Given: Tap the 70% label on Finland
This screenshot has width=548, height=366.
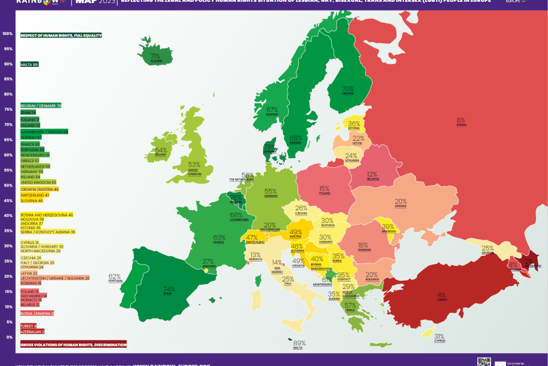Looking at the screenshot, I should click(348, 89).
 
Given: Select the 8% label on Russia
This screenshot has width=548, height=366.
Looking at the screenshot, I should click(461, 120).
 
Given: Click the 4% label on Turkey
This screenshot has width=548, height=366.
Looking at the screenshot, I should click(441, 295).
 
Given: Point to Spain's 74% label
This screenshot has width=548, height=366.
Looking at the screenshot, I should click(169, 290).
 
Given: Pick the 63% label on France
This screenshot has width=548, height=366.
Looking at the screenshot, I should click(219, 238).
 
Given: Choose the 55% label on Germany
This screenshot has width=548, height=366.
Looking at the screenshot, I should click(271, 192).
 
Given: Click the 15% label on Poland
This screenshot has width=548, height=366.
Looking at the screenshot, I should click(324, 189).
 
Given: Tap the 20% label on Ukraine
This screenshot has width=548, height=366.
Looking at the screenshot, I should click(400, 202).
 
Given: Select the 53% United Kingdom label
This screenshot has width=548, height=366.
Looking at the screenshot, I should click(194, 166).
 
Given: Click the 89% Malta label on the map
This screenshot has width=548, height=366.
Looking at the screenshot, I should click(299, 343).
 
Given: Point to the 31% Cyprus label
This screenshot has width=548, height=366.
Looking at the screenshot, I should click(440, 337).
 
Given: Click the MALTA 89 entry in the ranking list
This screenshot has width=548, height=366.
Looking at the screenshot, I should click(29, 64).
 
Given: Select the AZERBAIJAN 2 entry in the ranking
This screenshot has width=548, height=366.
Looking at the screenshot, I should click(32, 332).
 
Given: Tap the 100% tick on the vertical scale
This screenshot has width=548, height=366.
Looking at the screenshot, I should click(8, 34).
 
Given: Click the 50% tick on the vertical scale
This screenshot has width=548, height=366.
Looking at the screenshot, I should click(8, 186).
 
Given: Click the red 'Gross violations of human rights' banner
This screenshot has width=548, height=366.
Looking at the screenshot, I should click(73, 344).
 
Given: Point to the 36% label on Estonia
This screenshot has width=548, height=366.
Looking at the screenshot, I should click(354, 125).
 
